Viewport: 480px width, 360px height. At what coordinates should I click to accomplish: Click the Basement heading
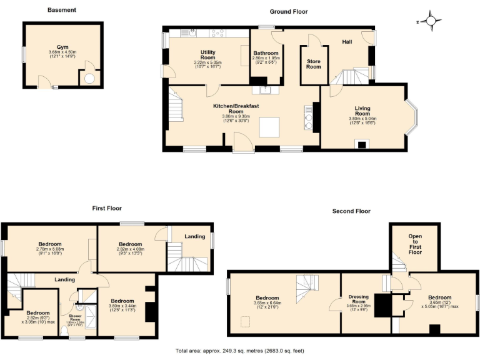pyautogui.click(x=62, y=10)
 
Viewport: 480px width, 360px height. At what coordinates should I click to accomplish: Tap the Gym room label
pyautogui.click(x=62, y=47)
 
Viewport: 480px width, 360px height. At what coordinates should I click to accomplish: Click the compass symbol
pyautogui.click(x=431, y=21)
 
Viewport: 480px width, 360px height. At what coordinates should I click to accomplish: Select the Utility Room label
pyautogui.click(x=208, y=54)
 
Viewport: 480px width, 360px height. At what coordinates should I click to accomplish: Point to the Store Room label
pyautogui.click(x=313, y=64)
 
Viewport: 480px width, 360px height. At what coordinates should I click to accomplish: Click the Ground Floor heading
pyautogui.click(x=289, y=11)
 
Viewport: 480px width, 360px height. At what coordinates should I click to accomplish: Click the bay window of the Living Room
pyautogui.click(x=412, y=117)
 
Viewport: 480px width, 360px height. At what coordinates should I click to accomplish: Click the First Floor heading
pyautogui.click(x=107, y=208)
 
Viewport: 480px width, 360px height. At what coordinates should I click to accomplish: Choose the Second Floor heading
pyautogui.click(x=351, y=211)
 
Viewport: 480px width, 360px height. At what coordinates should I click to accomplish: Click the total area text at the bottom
pyautogui.click(x=240, y=351)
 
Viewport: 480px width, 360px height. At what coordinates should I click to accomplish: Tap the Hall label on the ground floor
pyautogui.click(x=348, y=41)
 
